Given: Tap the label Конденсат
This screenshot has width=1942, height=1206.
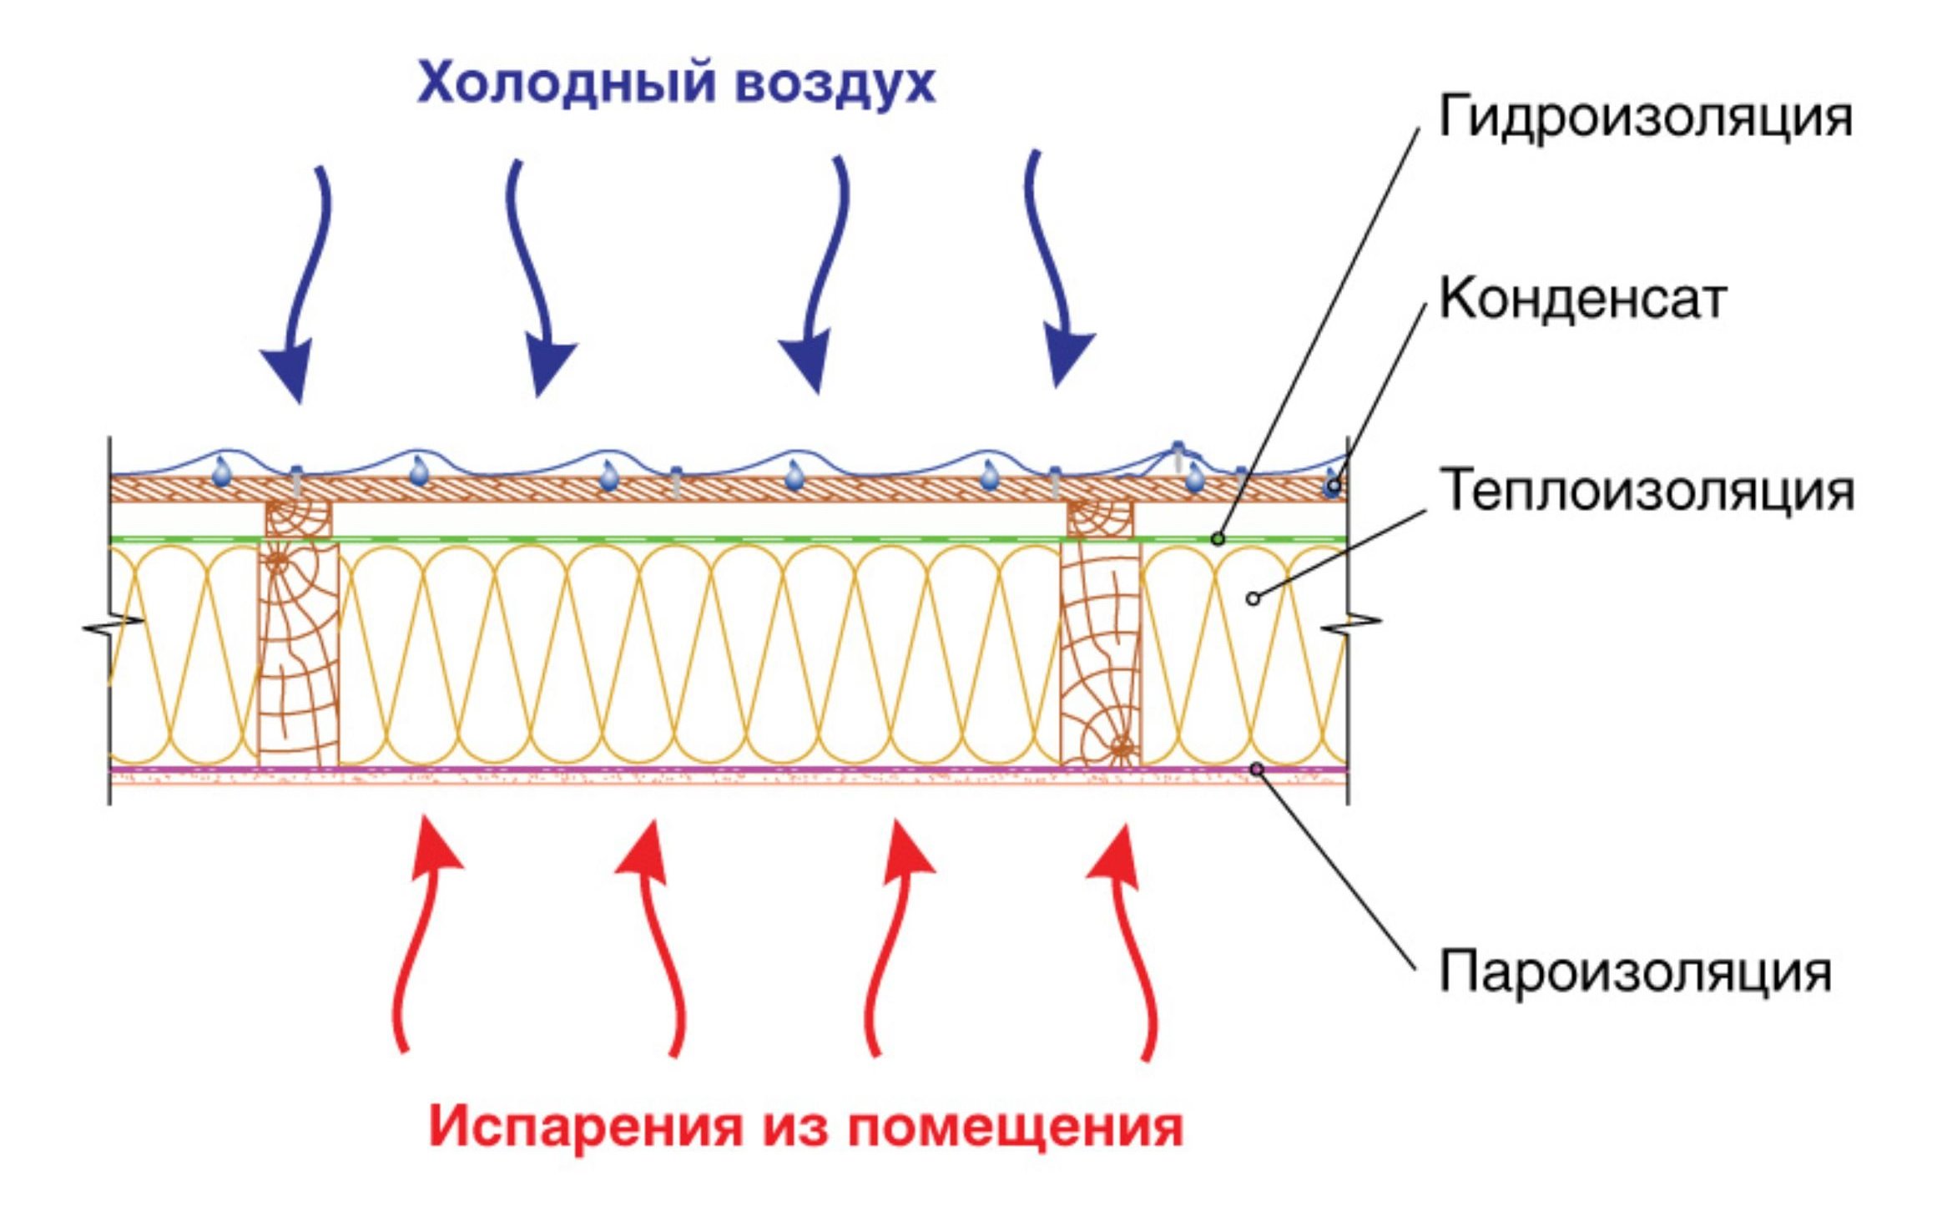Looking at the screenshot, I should coord(1582,299).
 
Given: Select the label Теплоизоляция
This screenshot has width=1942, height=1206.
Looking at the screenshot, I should coord(1646,490).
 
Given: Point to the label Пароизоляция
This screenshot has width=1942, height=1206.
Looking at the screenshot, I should coord(1634,972).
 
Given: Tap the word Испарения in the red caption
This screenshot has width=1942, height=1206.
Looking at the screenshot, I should coord(585,1127).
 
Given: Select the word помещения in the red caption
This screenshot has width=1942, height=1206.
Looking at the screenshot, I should coord(1015,1127).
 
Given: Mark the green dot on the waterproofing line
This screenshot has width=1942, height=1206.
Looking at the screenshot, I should coord(1218,539).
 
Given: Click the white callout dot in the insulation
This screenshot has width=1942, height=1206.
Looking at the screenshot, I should coord(1252,598).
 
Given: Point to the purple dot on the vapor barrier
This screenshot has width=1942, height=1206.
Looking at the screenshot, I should coord(1257,769).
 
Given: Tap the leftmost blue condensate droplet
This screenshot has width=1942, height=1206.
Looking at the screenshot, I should coord(221,473).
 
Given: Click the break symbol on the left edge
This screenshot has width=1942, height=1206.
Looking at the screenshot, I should coord(113,626).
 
